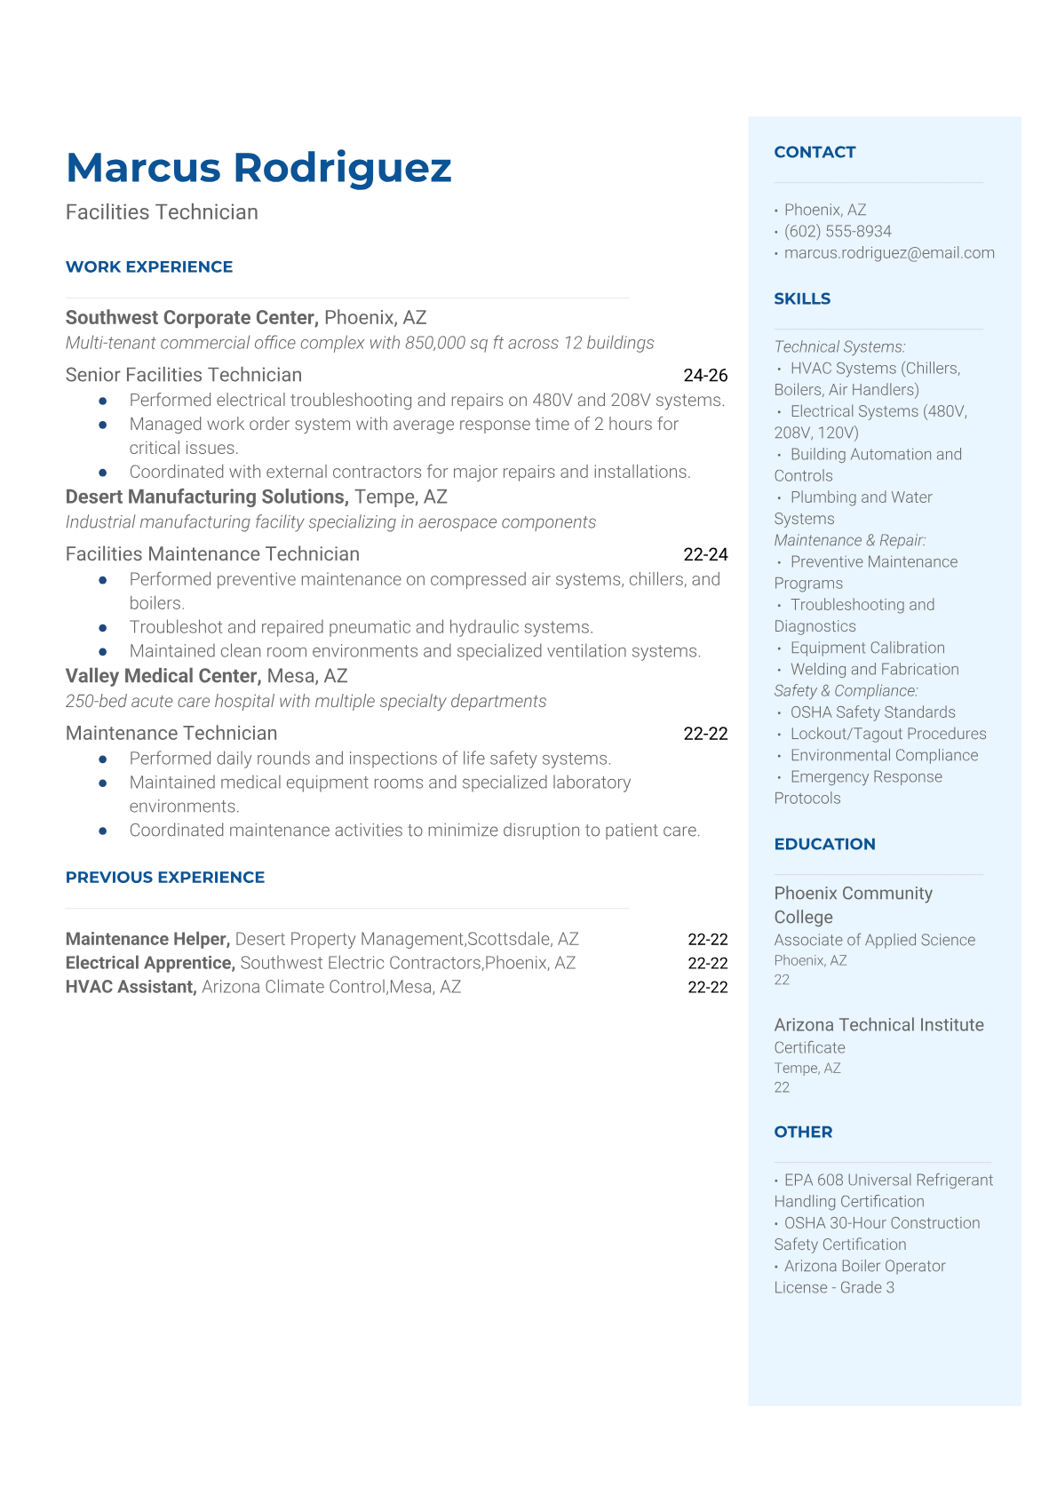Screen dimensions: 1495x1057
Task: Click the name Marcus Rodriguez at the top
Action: tap(258, 168)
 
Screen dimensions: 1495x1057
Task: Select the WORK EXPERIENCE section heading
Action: tap(149, 266)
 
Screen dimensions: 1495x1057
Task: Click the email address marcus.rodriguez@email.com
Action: tap(889, 252)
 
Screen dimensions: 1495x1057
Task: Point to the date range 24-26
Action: tap(705, 375)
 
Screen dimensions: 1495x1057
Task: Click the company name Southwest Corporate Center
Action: tap(192, 317)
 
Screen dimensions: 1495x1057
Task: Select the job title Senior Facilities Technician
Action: tap(184, 375)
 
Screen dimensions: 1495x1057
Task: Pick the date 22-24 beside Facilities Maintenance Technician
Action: tap(705, 554)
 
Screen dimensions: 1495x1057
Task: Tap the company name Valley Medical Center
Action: tap(163, 676)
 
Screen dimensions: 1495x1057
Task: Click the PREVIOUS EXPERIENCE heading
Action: tap(165, 877)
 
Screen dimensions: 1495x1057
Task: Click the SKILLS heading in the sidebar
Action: tap(802, 298)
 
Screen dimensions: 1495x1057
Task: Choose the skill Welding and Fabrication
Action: tap(875, 669)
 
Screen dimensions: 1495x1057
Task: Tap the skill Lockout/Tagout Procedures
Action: tap(888, 734)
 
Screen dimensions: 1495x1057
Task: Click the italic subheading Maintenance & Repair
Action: tap(850, 540)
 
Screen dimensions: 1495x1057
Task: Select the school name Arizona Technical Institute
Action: tap(878, 1024)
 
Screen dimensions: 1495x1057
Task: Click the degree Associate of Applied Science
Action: tap(874, 940)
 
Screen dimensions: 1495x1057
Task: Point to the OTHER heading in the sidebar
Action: tap(803, 1132)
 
